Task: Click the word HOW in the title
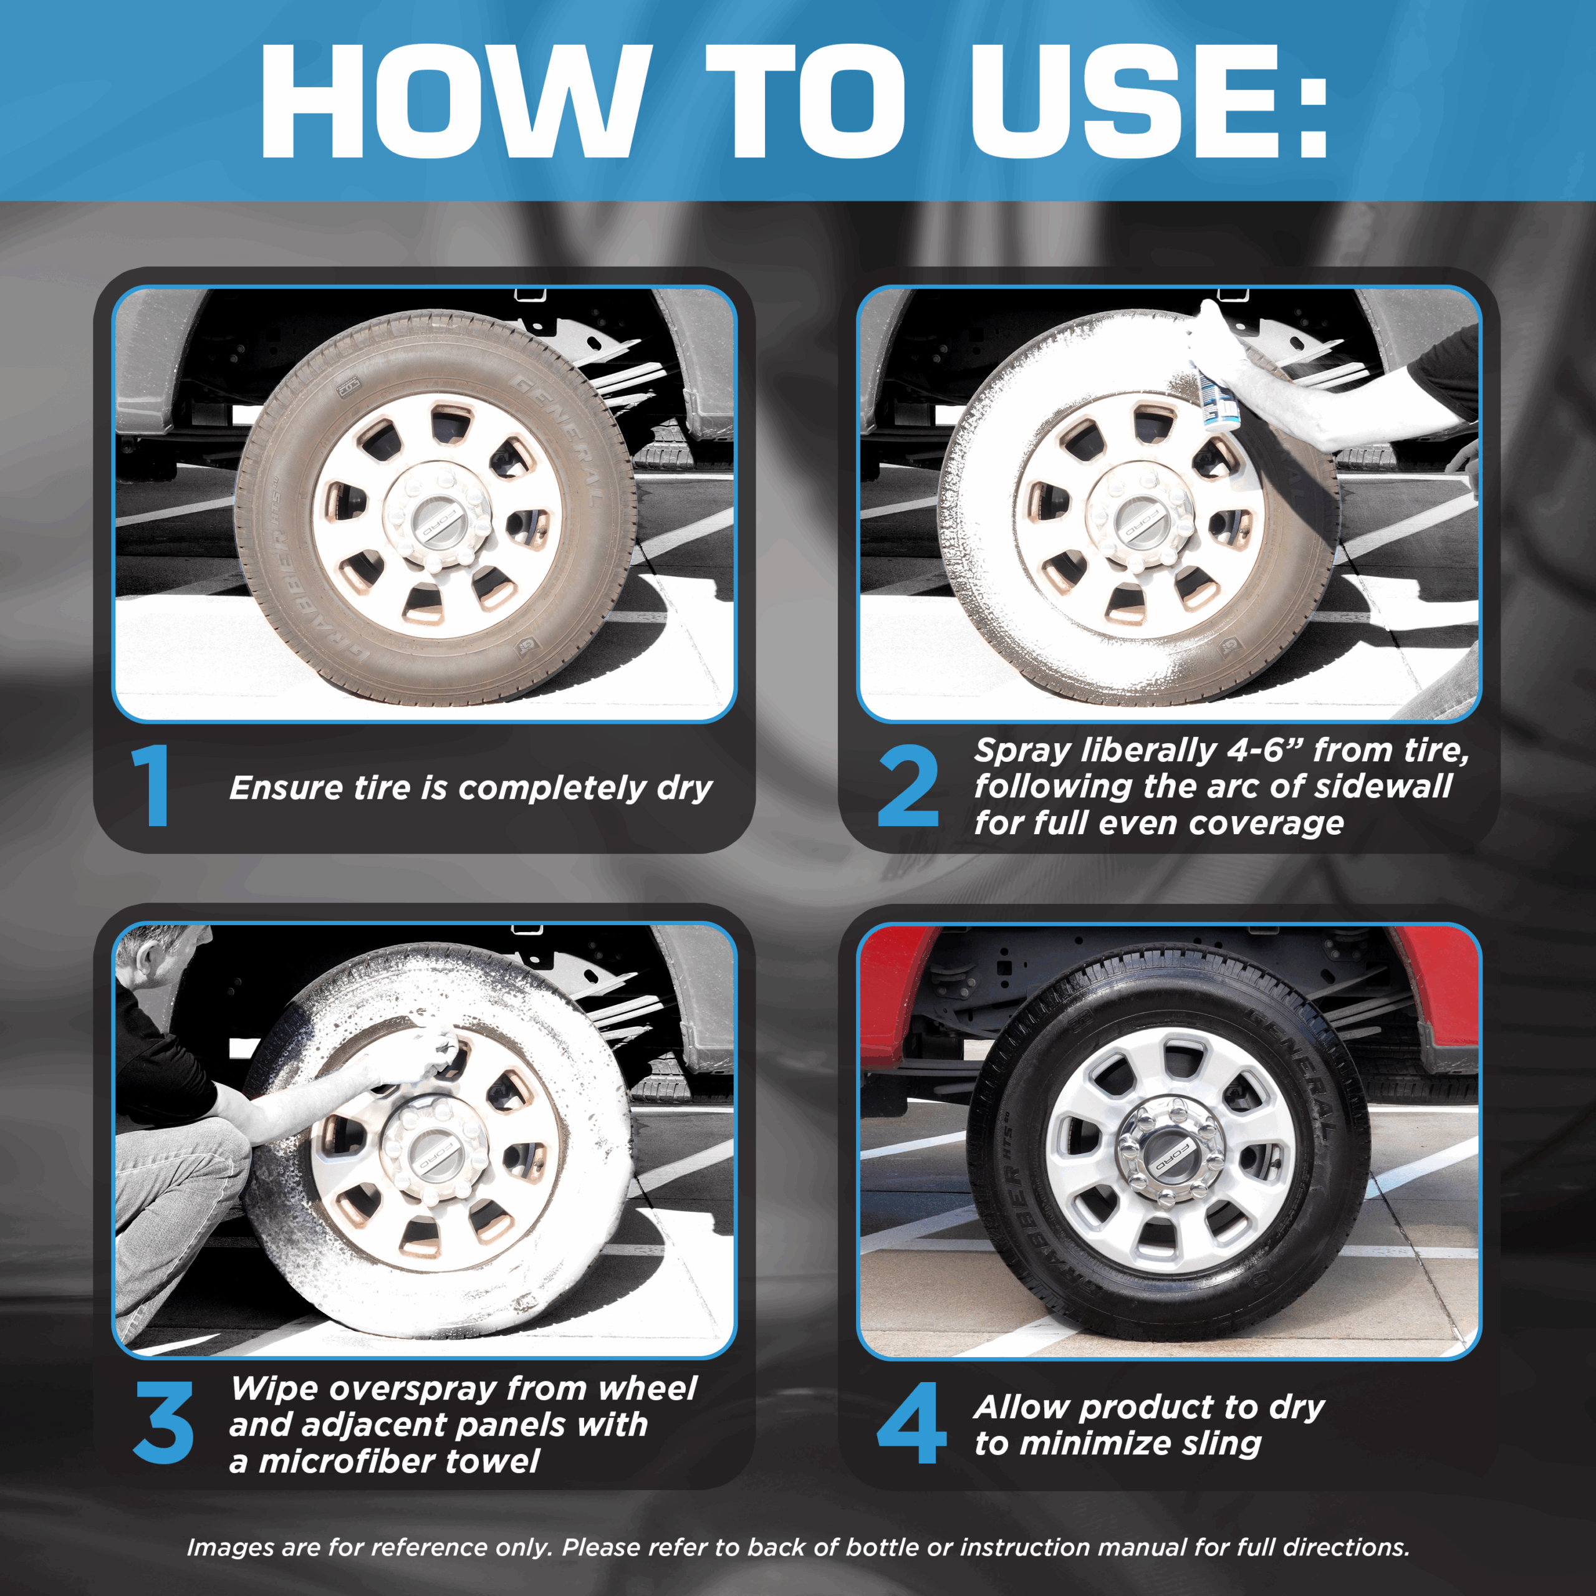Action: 453,101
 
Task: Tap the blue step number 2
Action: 908,785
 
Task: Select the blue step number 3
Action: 163,1423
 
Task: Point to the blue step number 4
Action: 911,1423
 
